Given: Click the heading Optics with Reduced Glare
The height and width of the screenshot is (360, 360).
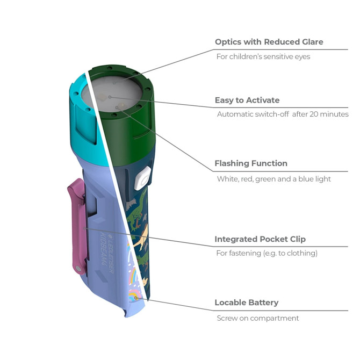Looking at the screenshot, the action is (269, 42).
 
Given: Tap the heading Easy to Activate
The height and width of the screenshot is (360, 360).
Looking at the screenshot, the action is (247, 100).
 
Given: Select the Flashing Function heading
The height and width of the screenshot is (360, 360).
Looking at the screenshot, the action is (251, 163).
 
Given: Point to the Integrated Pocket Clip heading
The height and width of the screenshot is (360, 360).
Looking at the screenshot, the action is (260, 239).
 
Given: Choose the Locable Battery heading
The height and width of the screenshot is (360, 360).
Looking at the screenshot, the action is (247, 303).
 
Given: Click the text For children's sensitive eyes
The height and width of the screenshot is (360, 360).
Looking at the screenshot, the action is (263, 57).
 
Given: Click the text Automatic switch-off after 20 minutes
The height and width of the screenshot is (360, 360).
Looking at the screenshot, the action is (283, 114).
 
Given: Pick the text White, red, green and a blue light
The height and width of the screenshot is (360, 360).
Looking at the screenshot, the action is (274, 179).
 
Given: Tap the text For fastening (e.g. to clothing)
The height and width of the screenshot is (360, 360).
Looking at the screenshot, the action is (267, 253).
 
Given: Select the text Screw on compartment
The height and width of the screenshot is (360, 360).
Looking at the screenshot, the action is (258, 318).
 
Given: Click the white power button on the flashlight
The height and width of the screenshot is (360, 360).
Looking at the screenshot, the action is (142, 178).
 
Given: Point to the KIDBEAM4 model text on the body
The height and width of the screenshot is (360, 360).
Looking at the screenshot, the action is (103, 249).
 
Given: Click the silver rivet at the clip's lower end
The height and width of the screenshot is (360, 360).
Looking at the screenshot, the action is (78, 269).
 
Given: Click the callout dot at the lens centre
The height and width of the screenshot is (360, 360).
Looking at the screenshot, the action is (110, 97).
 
